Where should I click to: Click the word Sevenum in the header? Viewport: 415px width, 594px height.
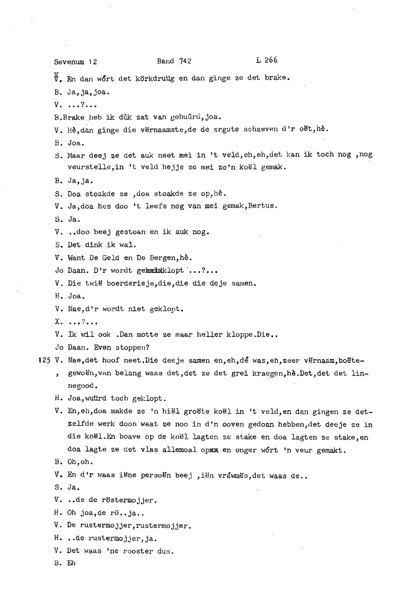tap(69, 62)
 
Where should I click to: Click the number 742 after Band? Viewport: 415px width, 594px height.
tap(186, 61)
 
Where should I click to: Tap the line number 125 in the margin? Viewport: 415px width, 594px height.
tap(44, 360)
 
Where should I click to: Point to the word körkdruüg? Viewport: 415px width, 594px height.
tap(155, 78)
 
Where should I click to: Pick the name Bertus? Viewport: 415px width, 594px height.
tap(264, 206)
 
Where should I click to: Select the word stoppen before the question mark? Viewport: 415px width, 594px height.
tap(130, 347)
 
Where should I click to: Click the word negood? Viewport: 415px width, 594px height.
tap(82, 386)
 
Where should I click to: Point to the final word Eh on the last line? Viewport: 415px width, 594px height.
tap(71, 563)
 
